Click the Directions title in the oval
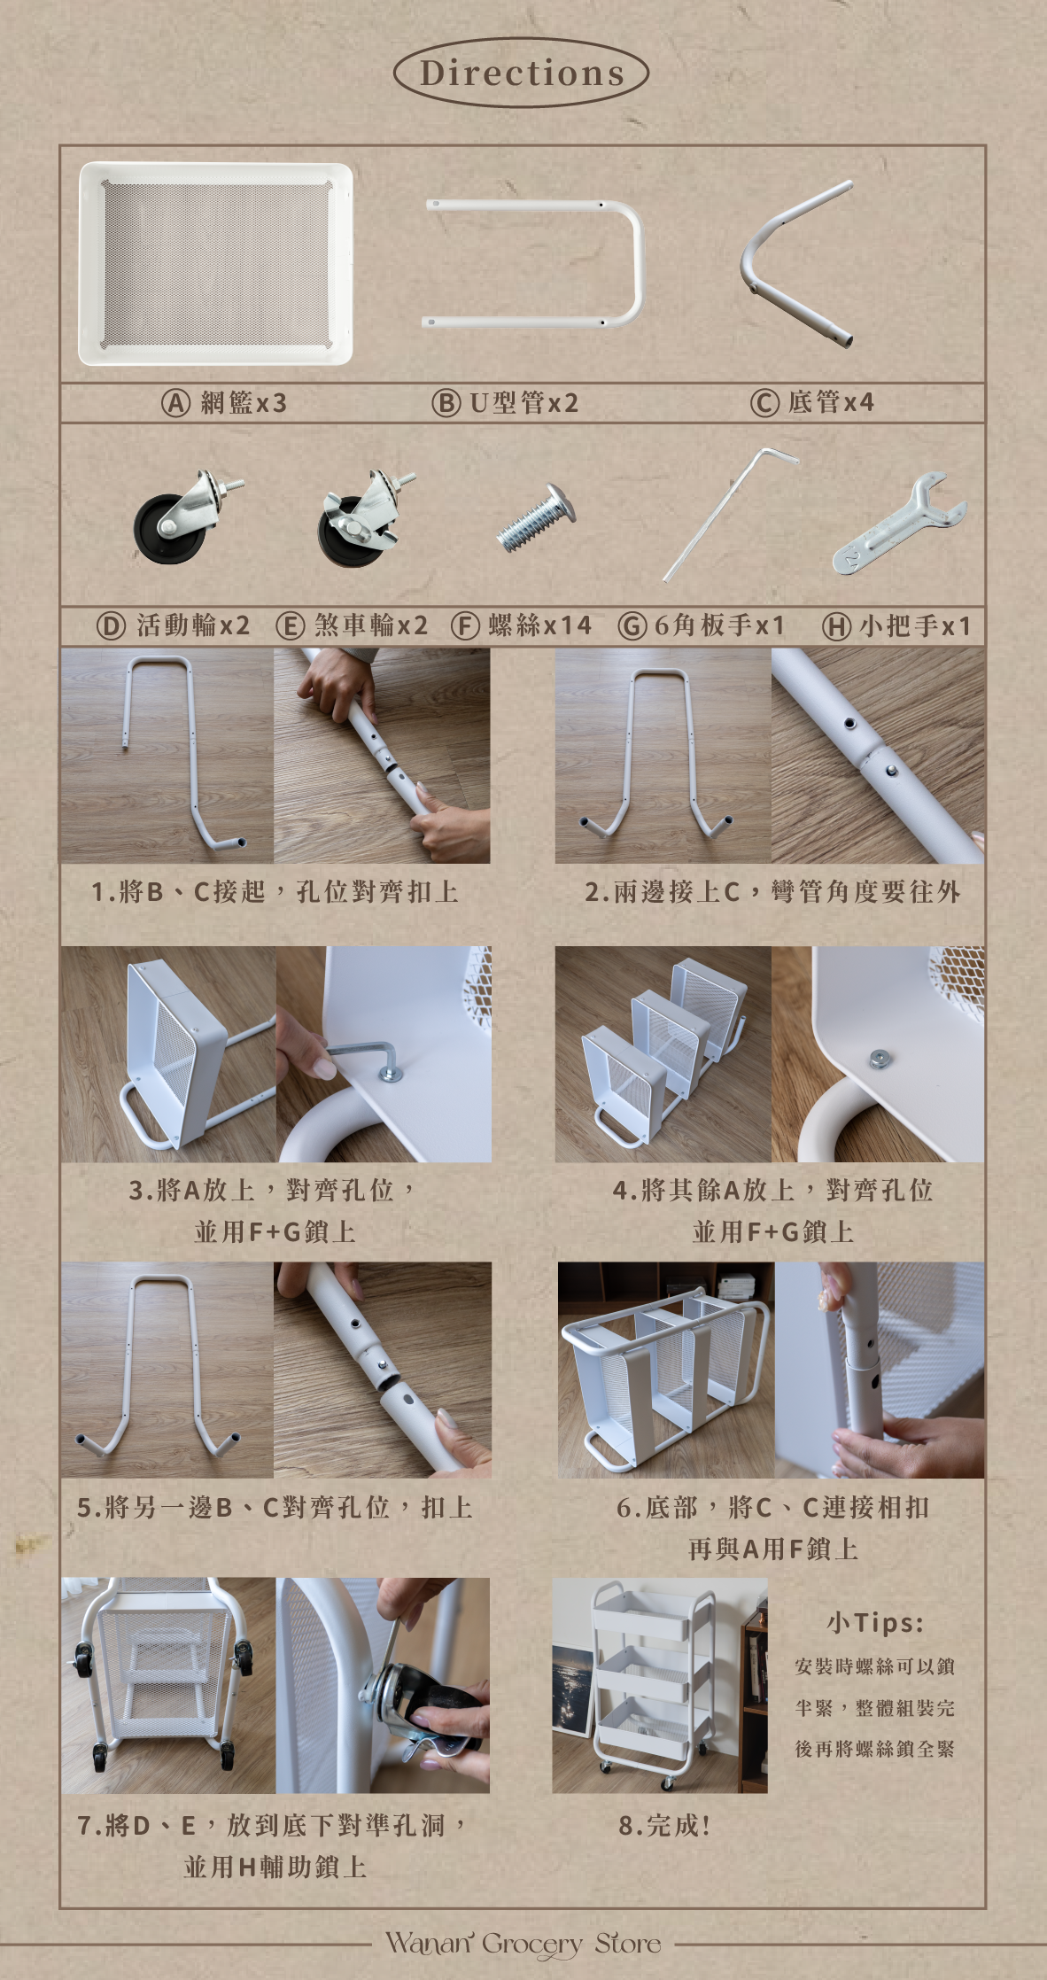click(x=522, y=73)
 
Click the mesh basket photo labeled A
click(x=216, y=263)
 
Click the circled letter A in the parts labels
click(x=175, y=403)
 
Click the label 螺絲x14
click(x=539, y=625)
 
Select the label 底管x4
click(x=831, y=402)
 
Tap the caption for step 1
click(x=275, y=891)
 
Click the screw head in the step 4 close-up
click(x=879, y=1057)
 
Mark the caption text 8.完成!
click(x=664, y=1825)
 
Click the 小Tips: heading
click(x=875, y=1623)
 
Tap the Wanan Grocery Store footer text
click(x=523, y=1945)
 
